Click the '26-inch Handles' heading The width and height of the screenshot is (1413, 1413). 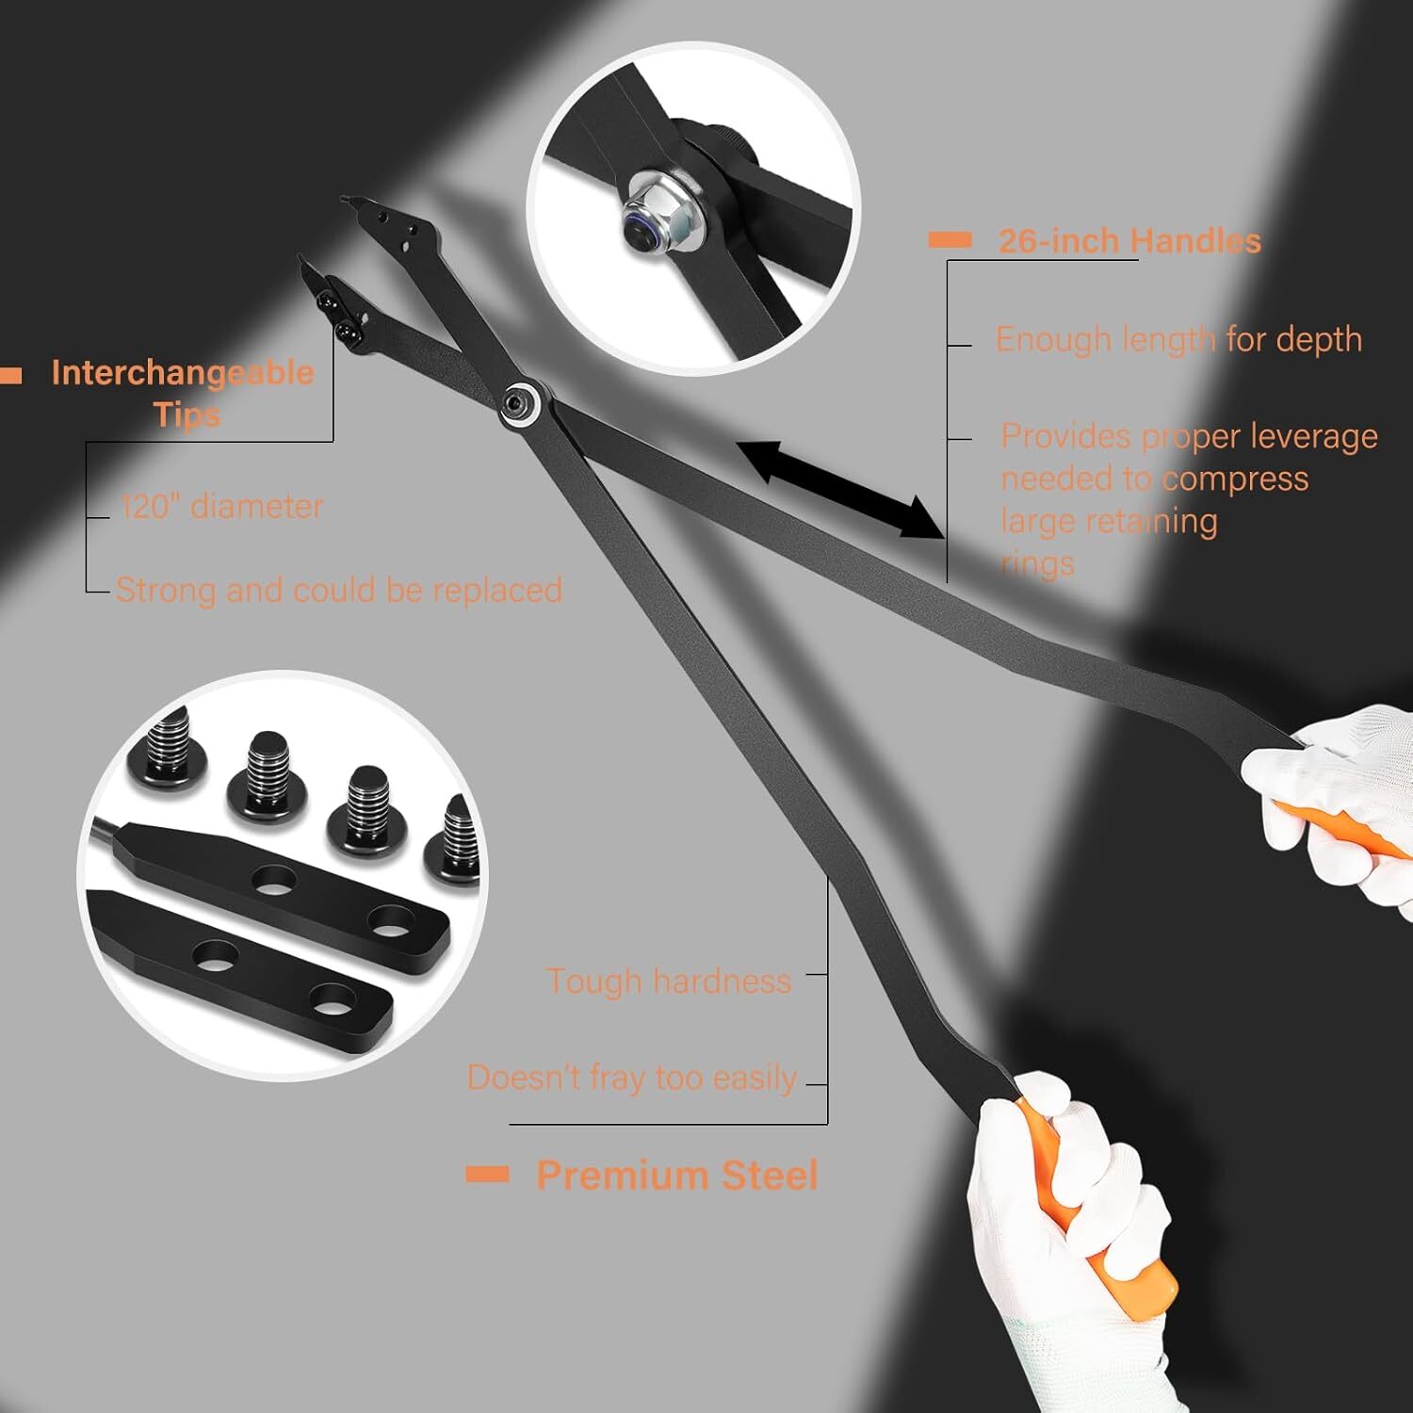[x=1129, y=241]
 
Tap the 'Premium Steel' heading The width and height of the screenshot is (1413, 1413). [x=677, y=1175]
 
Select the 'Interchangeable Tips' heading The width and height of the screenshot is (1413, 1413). [x=183, y=393]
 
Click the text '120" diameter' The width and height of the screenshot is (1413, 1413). [x=222, y=506]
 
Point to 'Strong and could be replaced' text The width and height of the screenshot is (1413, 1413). [x=339, y=590]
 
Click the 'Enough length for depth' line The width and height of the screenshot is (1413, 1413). [x=1179, y=339]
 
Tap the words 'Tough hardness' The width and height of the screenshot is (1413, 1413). [x=669, y=981]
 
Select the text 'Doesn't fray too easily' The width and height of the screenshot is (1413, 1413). [x=632, y=1077]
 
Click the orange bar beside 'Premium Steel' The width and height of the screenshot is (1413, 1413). [x=488, y=1174]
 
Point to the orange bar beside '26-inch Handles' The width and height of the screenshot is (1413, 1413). [x=950, y=240]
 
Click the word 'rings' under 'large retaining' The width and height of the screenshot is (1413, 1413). [x=1037, y=563]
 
